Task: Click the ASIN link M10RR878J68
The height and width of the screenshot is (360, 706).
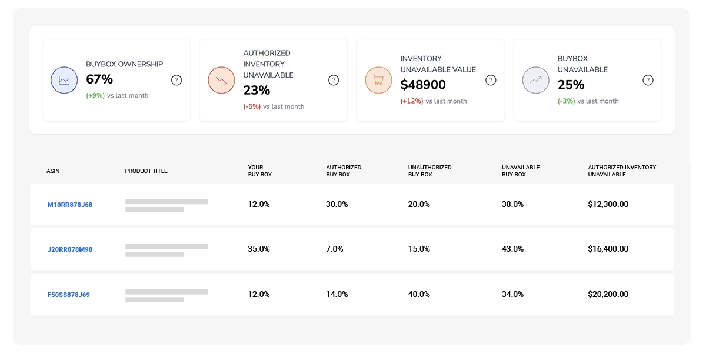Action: coord(70,205)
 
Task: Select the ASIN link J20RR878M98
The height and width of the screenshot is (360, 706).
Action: coord(70,249)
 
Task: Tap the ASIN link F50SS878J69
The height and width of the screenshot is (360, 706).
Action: coord(69,294)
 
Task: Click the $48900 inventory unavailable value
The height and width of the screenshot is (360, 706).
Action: coord(423,85)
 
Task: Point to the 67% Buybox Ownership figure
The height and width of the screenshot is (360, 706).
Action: coord(99,79)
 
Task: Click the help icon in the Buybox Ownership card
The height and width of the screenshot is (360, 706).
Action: coord(176,80)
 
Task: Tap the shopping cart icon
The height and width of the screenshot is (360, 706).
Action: coord(378,80)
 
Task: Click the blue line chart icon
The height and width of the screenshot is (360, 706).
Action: coord(64,80)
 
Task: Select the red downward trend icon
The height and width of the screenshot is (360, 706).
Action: coord(221,80)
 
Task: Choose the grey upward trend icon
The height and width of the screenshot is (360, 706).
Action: coord(535,80)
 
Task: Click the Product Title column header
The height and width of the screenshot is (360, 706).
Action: coord(146,171)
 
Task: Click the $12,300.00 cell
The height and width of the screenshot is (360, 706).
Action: coord(608,204)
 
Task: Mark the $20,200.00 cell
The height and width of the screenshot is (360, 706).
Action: coord(608,294)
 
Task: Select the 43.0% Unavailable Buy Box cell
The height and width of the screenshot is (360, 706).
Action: coord(512,249)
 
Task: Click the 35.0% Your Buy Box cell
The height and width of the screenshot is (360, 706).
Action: coord(259,249)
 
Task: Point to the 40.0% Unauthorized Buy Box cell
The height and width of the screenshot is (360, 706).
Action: coord(419,294)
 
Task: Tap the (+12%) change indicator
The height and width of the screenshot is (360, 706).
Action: coord(412,101)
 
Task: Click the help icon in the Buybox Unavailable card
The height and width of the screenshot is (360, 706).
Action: coord(648,80)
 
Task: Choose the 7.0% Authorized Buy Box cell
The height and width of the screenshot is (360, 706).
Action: coord(334,249)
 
